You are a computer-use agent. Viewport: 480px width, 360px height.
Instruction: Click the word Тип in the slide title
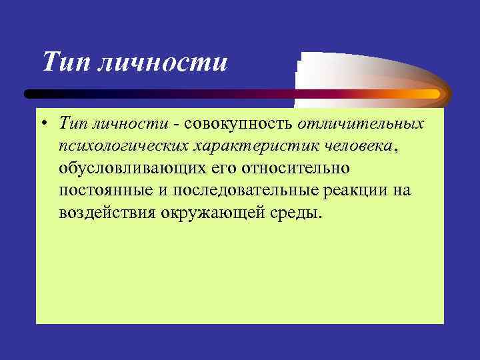65,63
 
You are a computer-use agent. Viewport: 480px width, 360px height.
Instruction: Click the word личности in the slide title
163,63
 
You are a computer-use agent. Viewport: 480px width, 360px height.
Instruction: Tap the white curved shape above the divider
347,70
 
